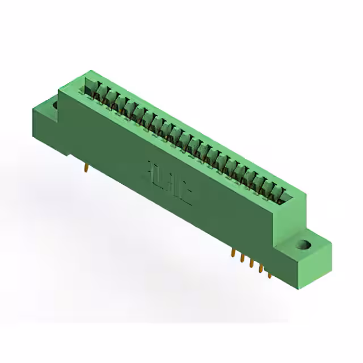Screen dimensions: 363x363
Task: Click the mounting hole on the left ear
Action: coord(55,105)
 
